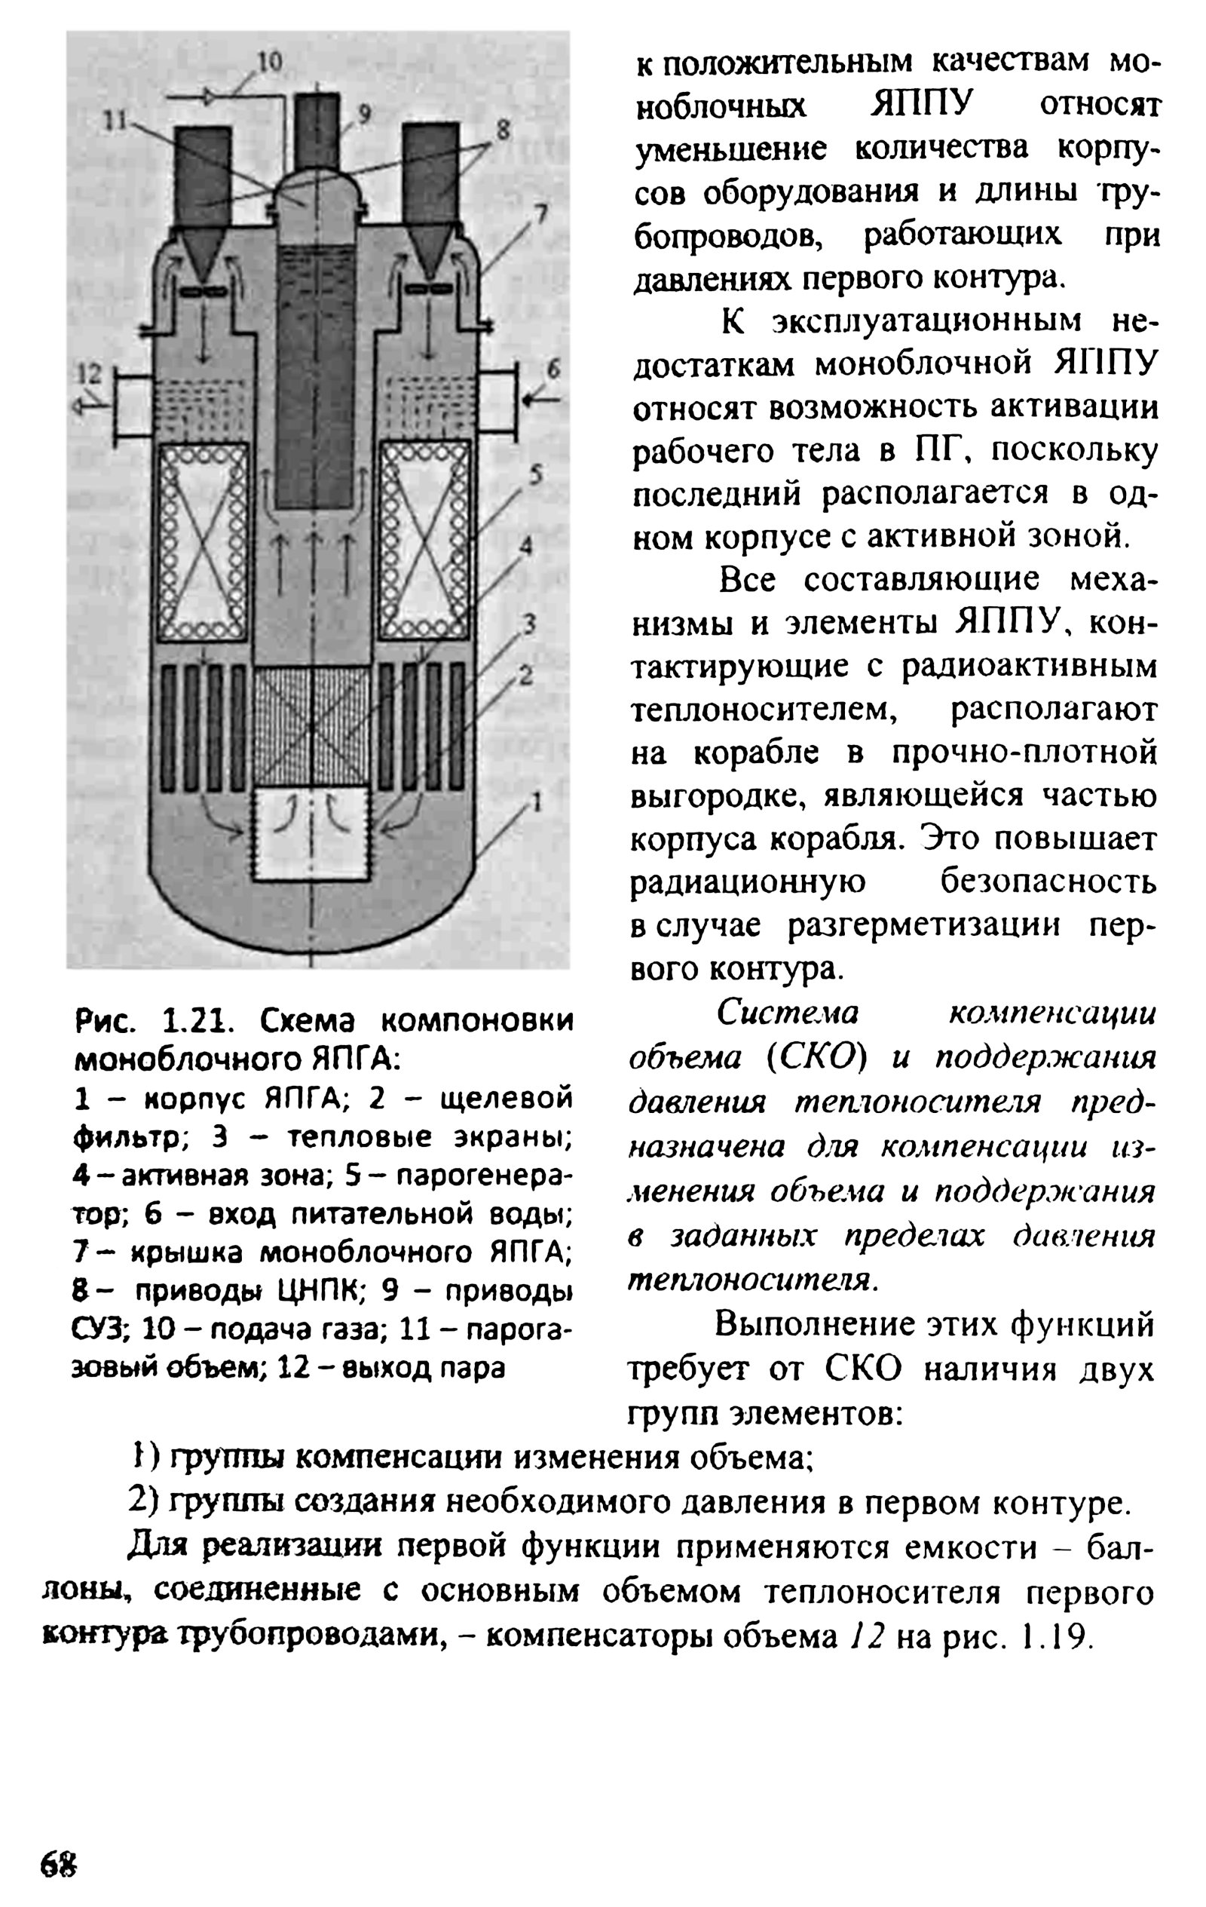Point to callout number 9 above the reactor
364,114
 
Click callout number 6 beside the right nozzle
552,367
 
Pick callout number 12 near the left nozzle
90,373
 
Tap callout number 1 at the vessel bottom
536,803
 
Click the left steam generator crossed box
204,541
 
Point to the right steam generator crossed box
424,541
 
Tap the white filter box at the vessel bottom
311,835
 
